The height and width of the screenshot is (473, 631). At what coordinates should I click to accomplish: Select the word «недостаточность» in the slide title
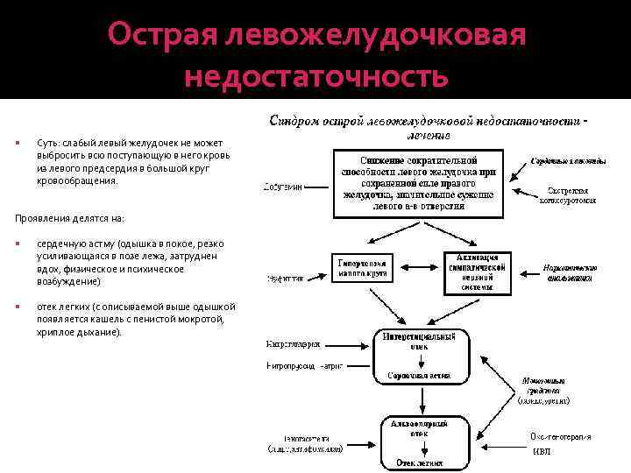[x=316, y=77]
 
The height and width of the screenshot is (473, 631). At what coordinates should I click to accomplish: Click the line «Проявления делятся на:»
[x=70, y=217]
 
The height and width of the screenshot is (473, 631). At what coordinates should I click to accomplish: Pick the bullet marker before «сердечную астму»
[x=18, y=244]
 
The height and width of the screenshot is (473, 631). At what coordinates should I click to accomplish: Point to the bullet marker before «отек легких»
[x=18, y=307]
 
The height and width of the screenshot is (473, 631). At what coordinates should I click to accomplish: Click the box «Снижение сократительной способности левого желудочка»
[x=418, y=183]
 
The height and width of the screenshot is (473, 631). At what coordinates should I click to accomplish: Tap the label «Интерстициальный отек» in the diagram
[x=419, y=341]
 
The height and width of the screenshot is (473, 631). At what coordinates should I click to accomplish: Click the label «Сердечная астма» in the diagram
[x=419, y=376]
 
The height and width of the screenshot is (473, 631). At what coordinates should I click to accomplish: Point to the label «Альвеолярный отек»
[x=418, y=427]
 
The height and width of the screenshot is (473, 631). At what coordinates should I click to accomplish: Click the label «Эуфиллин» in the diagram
[x=285, y=279]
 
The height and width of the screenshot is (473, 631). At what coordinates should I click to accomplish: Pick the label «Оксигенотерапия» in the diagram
[x=560, y=436]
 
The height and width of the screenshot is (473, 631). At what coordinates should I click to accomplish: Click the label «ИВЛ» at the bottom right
[x=542, y=452]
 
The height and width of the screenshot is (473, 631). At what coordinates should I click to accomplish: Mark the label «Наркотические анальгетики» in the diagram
[x=570, y=272]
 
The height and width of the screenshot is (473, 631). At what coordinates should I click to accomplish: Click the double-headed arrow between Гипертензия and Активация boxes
[x=418, y=265]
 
